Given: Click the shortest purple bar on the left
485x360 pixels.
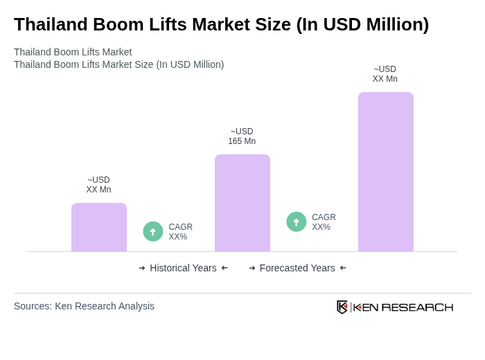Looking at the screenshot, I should point(99,227).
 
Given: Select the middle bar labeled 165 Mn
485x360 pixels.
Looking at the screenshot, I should point(242,203).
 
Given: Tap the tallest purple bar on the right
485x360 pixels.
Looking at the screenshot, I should point(386,172).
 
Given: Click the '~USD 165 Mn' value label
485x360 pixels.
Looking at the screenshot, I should point(242,136).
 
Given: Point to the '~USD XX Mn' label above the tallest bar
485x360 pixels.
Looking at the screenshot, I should point(385,74).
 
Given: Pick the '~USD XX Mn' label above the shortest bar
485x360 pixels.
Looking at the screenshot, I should point(98,185).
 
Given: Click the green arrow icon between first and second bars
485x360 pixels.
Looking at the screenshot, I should point(153,231).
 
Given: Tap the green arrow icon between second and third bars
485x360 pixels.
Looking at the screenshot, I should point(297,222).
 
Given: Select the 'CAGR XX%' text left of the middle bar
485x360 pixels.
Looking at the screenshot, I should point(180,232).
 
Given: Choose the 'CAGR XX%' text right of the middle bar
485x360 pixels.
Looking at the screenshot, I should point(324,222).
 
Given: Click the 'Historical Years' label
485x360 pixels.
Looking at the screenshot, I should point(183,268).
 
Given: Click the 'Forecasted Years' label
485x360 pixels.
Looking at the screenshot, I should point(297,268).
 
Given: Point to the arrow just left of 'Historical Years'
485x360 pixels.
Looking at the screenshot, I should point(142,268).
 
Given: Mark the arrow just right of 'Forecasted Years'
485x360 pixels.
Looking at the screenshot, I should point(343,268).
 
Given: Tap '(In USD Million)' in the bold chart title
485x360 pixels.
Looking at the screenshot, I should point(362,24).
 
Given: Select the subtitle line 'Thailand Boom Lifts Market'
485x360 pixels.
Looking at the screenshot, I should point(73,52).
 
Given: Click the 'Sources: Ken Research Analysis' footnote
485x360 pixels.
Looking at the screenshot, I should point(84,306).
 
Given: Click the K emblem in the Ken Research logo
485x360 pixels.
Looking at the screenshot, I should point(342,307).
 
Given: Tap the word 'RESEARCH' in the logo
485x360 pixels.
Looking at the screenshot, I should point(417,307).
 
